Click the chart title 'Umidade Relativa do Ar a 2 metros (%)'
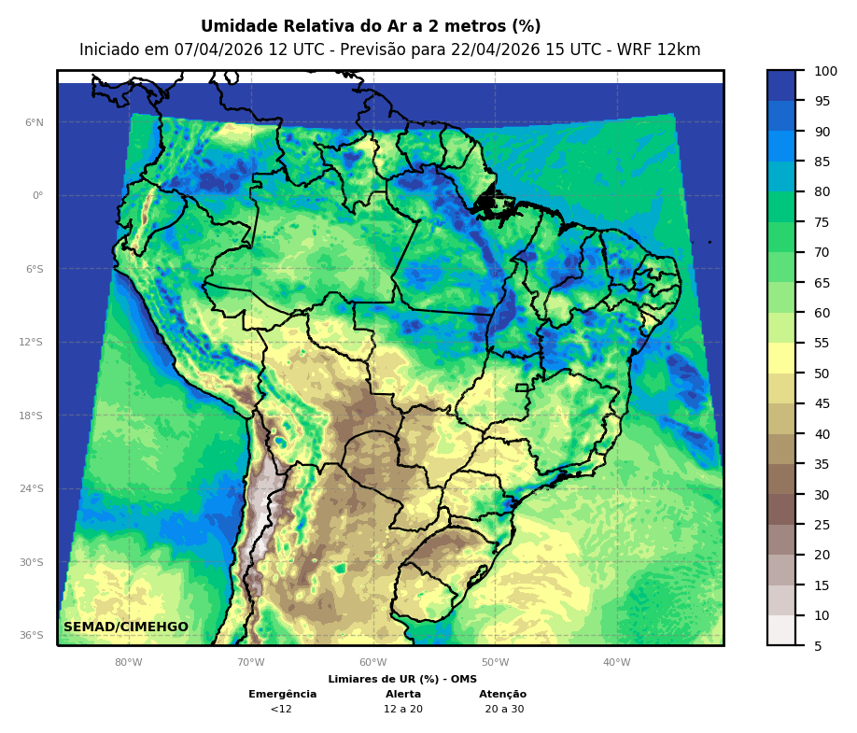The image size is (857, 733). (x=371, y=26)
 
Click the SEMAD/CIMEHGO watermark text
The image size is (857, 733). (x=126, y=627)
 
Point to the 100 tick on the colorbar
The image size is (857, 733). (x=824, y=71)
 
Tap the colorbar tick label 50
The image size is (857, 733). (x=822, y=374)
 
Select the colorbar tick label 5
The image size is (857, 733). (x=818, y=645)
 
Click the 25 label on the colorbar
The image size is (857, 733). (x=822, y=525)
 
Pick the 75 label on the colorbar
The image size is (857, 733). (x=822, y=222)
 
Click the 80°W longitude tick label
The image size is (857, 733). (x=129, y=663)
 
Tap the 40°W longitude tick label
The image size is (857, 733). (x=616, y=663)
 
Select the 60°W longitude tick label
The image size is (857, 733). (x=372, y=663)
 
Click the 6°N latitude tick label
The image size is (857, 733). (x=35, y=122)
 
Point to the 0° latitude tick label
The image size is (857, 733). (x=37, y=196)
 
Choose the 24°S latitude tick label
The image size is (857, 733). (x=32, y=489)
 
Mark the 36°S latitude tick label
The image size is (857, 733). (x=32, y=636)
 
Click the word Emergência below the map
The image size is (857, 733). (x=282, y=695)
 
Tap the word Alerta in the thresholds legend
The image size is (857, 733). (x=403, y=695)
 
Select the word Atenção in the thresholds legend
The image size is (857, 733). (x=502, y=695)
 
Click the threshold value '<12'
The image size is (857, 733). (x=281, y=710)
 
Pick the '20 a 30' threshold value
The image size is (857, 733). (x=504, y=710)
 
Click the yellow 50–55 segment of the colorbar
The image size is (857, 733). (x=781, y=359)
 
